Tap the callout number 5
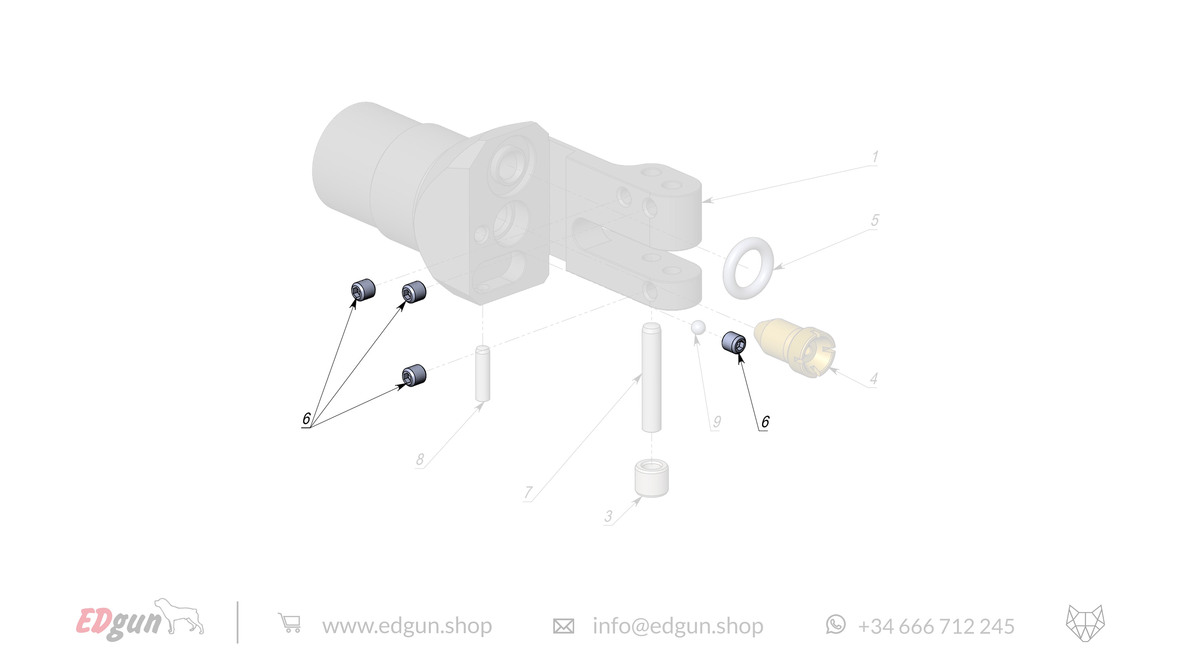(x=875, y=220)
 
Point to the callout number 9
(x=717, y=421)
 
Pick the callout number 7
(x=528, y=492)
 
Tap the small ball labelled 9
(x=698, y=327)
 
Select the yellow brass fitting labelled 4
(x=794, y=348)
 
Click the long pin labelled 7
(x=651, y=377)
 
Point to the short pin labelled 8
(x=483, y=373)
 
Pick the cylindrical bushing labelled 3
(x=651, y=479)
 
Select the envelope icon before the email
(x=563, y=626)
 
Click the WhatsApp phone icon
(x=836, y=625)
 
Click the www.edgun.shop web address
(x=407, y=626)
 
